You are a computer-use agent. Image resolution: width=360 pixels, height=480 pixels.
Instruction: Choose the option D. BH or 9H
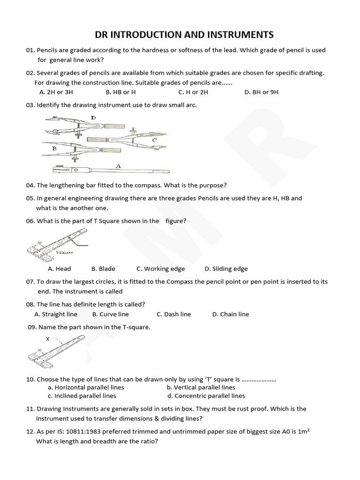coord(261,92)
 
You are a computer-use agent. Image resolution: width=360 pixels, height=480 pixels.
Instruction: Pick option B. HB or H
coord(120,92)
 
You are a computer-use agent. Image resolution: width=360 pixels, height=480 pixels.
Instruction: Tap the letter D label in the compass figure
coord(93,118)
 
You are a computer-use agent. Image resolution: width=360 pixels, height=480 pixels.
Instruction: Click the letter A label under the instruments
coord(118,165)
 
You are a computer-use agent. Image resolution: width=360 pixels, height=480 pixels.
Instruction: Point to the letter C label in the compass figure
coord(154,140)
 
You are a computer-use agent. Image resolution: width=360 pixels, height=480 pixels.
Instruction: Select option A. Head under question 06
coord(60,269)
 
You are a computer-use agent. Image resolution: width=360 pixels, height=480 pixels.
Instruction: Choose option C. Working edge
coord(161,269)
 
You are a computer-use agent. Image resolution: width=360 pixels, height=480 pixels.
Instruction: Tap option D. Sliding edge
coord(226,269)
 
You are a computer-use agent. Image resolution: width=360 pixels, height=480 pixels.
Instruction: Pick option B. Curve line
coord(111,314)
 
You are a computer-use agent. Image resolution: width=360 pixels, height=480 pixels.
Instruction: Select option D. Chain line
coord(231,314)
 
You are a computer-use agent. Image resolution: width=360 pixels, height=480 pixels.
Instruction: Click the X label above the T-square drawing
coord(47,338)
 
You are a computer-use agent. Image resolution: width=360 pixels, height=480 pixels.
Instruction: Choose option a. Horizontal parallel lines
coord(82,387)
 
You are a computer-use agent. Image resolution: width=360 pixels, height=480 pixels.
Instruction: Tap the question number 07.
coord(30,282)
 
